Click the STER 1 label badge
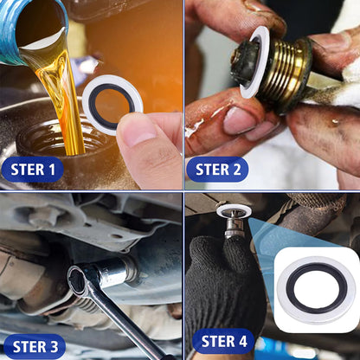click(x=32, y=170)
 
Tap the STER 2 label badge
click(x=217, y=170)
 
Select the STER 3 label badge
click(x=35, y=347)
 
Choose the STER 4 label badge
click(x=223, y=341)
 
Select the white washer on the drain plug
click(x=254, y=61)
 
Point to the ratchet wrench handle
click(x=127, y=323)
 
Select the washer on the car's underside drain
click(x=234, y=210)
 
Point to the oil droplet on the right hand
click(x=335, y=121)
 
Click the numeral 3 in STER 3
click(x=54, y=347)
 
